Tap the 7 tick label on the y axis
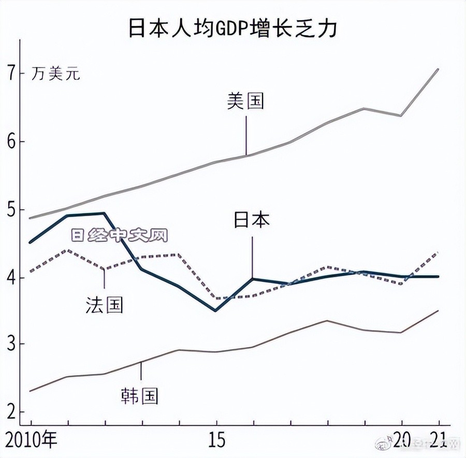tap(12, 74)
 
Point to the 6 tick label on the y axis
tap(12, 141)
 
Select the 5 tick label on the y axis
tap(12, 210)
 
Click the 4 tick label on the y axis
tap(12, 278)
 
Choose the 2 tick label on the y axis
tap(12, 412)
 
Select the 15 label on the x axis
tap(216, 441)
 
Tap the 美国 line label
tap(245, 101)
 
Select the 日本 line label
tap(252, 221)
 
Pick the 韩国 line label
tap(139, 396)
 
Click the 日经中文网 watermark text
tap(120, 236)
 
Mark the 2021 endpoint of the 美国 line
tap(439, 69)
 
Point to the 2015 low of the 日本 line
tap(216, 311)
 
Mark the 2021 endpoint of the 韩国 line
tap(439, 311)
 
